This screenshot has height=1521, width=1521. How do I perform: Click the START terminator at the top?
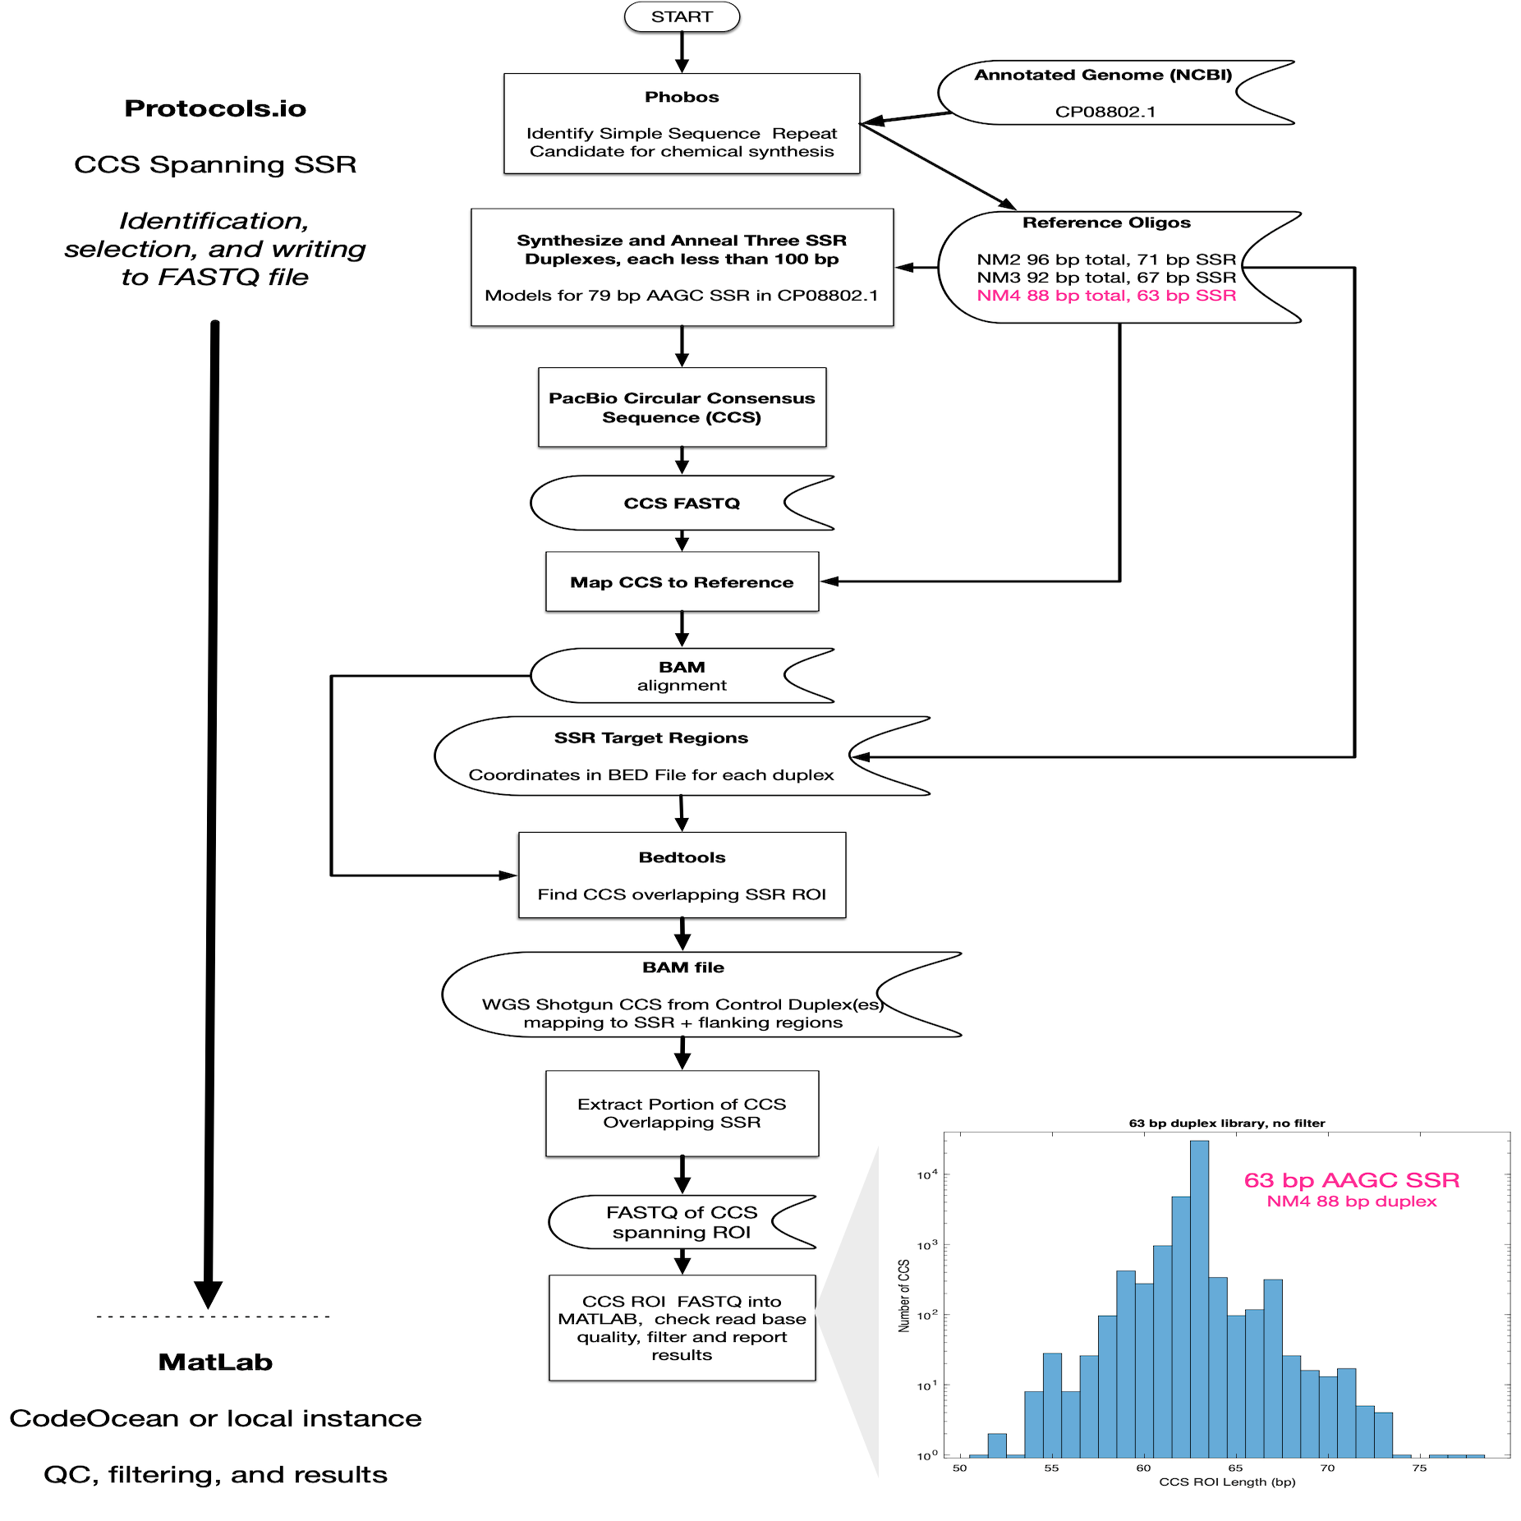(x=681, y=16)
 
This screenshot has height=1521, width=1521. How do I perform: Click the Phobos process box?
(x=681, y=123)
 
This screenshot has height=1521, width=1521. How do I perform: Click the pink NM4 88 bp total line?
(x=1105, y=296)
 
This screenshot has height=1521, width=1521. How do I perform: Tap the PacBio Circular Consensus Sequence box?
(x=681, y=407)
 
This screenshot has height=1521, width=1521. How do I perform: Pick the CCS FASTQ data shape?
(x=681, y=503)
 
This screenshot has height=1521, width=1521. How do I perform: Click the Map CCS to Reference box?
(x=681, y=581)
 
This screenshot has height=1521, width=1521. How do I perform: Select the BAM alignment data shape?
(x=681, y=676)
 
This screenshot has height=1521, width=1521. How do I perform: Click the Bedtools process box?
(x=681, y=875)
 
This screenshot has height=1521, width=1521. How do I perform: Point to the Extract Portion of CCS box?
(x=681, y=1113)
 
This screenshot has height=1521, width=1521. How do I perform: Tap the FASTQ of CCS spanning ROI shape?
(x=681, y=1222)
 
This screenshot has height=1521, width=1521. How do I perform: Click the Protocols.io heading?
(x=215, y=108)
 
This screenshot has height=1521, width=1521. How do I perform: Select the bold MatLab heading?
(x=215, y=1362)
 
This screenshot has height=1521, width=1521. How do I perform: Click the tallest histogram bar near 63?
(x=1199, y=1298)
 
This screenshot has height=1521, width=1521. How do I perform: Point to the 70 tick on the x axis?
(x=1327, y=1468)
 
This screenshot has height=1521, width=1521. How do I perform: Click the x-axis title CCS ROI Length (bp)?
(x=1226, y=1482)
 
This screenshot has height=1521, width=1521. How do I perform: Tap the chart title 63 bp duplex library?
(x=1226, y=1123)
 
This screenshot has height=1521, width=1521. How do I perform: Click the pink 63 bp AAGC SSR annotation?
(x=1351, y=1180)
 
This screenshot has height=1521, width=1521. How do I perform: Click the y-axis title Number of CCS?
(x=904, y=1295)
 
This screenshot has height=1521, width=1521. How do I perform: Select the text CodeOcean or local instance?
(x=215, y=1418)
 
